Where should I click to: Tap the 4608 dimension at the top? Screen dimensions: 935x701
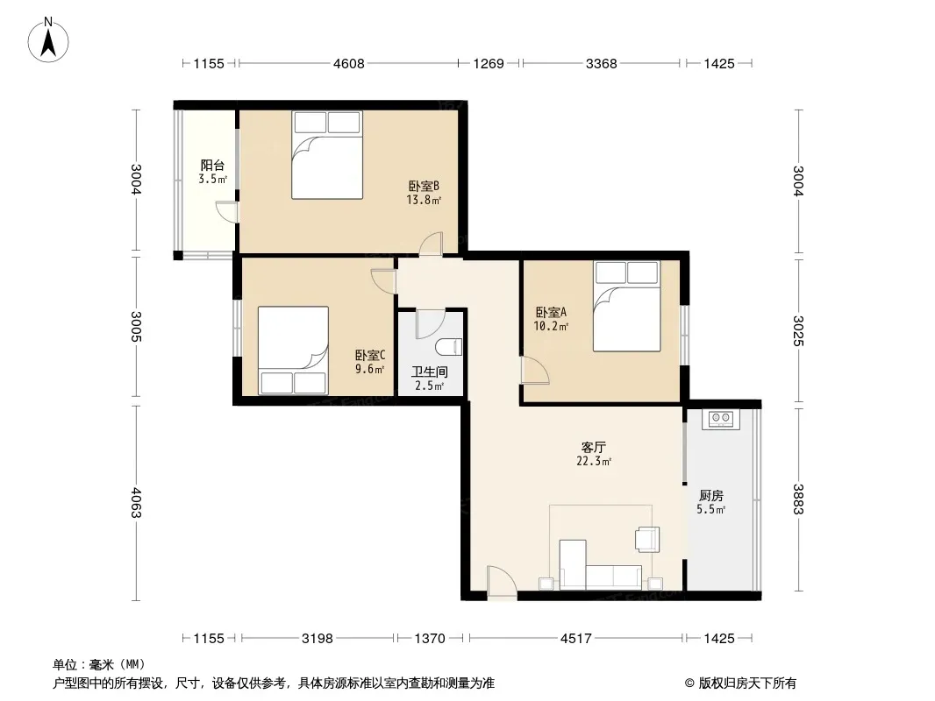click(x=349, y=63)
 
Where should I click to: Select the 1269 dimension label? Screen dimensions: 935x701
click(x=489, y=63)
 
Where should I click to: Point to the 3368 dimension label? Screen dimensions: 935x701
click(x=601, y=63)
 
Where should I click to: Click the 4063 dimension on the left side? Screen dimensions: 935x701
click(x=136, y=503)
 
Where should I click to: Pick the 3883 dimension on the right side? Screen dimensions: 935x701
click(x=798, y=499)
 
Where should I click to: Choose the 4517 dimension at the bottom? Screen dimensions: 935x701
click(x=576, y=639)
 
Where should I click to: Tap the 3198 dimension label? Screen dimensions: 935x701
click(x=318, y=639)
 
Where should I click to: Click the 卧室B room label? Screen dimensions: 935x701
click(x=424, y=186)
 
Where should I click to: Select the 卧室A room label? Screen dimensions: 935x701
click(x=551, y=312)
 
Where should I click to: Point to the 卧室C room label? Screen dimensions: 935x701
click(x=370, y=356)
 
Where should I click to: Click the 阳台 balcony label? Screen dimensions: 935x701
click(x=212, y=165)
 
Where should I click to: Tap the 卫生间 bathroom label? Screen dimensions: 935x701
click(x=429, y=372)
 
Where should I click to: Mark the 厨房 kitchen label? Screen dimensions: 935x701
click(x=710, y=496)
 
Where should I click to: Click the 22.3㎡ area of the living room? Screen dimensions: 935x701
click(x=594, y=461)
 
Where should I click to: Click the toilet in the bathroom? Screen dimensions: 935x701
click(x=450, y=347)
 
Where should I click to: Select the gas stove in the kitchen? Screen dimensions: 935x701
click(x=720, y=419)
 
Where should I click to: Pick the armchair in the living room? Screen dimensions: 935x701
click(x=647, y=540)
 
